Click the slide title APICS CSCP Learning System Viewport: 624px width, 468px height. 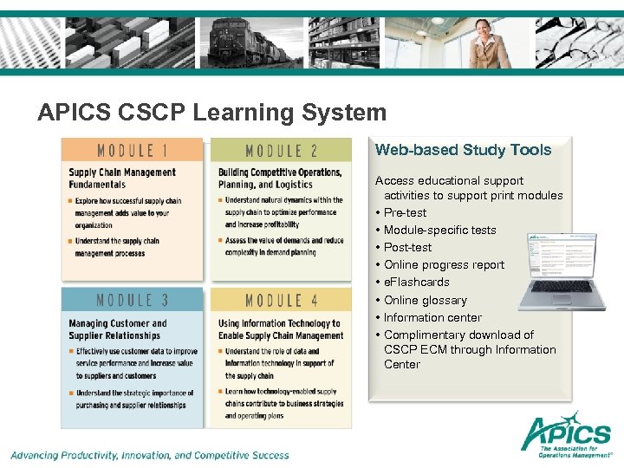point(212,113)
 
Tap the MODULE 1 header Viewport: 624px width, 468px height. point(132,151)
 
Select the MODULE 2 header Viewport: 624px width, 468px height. point(281,151)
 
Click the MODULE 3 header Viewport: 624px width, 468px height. point(132,301)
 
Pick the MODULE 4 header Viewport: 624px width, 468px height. point(281,301)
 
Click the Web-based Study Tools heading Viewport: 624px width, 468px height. point(463,150)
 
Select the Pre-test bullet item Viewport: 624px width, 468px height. point(406,212)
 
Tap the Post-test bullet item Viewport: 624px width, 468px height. point(407,247)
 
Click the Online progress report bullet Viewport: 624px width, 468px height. point(444,264)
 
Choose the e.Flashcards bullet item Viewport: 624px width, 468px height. point(417,282)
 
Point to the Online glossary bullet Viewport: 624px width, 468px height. point(426,300)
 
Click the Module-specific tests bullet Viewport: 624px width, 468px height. point(440,230)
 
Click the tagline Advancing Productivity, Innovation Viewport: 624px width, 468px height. point(150,454)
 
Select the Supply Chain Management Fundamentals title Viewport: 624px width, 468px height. point(122,178)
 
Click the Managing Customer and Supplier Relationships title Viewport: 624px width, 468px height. point(118,329)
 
